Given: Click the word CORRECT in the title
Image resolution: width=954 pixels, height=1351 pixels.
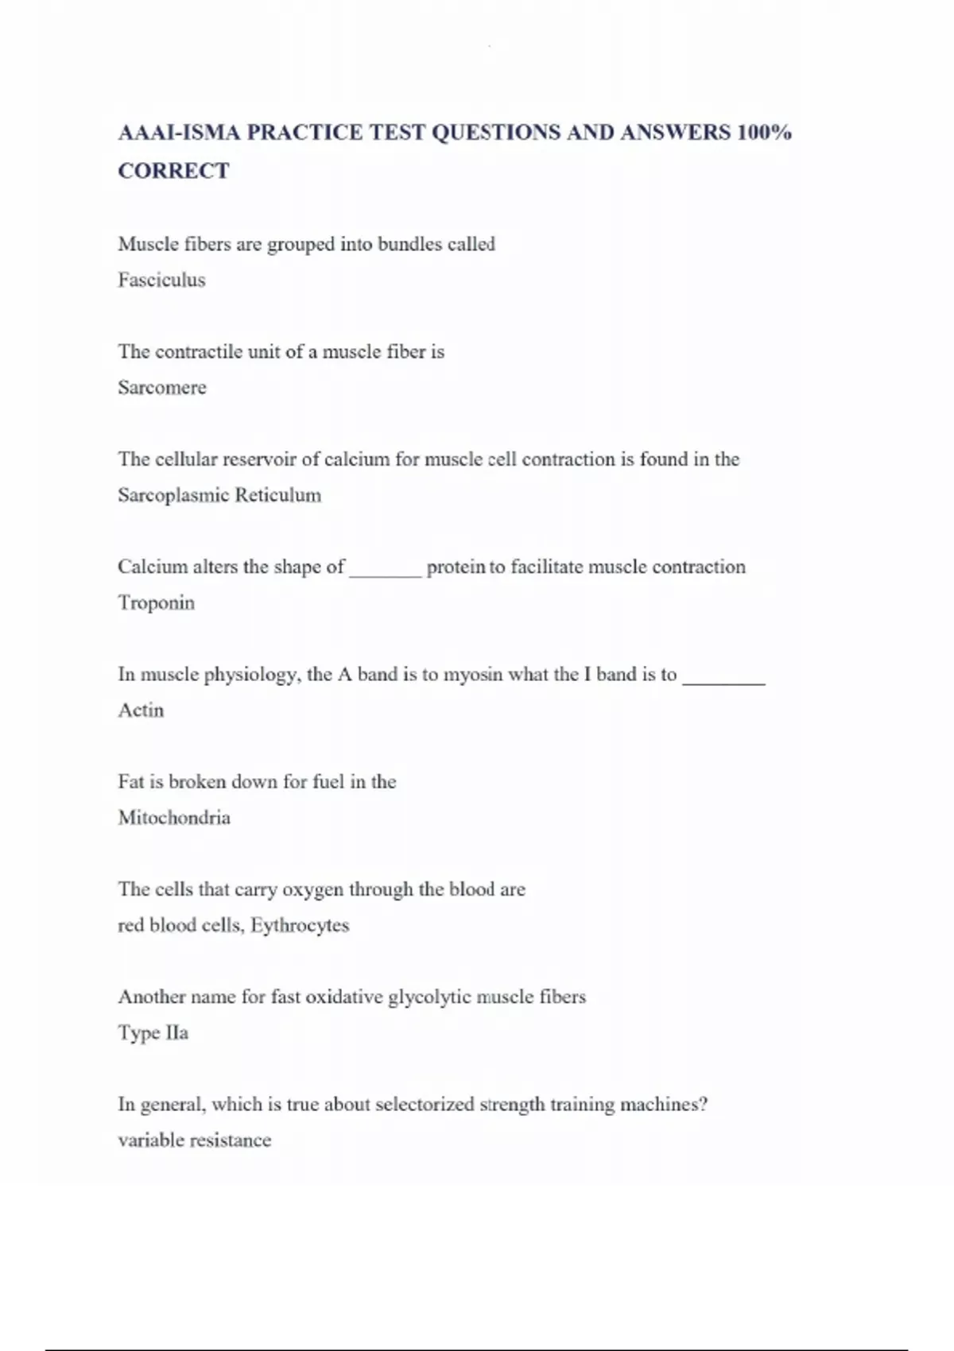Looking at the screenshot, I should (x=173, y=171).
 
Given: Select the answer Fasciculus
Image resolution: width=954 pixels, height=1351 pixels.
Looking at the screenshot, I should (x=161, y=280).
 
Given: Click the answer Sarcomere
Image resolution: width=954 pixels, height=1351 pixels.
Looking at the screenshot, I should (x=162, y=387).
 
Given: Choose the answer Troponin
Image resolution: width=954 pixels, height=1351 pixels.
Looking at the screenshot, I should (x=157, y=602).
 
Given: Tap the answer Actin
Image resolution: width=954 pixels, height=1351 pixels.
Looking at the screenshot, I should (x=141, y=710).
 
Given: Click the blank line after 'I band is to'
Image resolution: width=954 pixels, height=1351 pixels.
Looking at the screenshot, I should (x=723, y=680).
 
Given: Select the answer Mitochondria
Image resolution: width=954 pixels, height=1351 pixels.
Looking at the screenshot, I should (x=174, y=817).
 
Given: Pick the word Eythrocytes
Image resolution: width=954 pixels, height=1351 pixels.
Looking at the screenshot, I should (x=300, y=925).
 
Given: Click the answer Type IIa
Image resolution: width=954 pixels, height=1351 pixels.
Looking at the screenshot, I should (x=153, y=1032).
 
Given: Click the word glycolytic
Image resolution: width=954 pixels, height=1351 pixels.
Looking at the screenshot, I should (x=429, y=997).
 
